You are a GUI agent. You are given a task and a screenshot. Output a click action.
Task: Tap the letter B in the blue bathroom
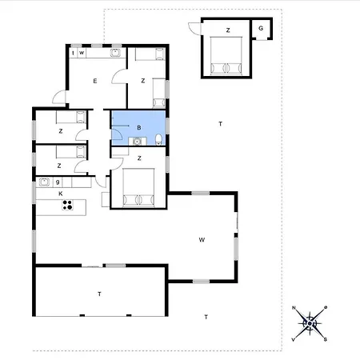(x=139, y=128)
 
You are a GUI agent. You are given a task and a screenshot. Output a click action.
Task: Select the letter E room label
(x=94, y=81)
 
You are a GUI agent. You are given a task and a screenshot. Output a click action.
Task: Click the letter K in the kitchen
(x=60, y=194)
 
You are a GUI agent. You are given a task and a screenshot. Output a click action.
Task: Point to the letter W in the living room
(x=202, y=239)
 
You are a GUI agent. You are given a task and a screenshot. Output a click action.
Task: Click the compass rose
(x=311, y=323)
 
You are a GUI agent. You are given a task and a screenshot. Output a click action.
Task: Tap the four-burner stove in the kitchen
(x=68, y=206)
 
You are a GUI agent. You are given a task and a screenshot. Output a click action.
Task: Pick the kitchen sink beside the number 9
(x=44, y=183)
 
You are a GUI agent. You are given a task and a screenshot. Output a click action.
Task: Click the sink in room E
(x=116, y=54)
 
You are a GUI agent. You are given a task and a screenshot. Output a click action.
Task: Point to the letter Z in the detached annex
(x=228, y=30)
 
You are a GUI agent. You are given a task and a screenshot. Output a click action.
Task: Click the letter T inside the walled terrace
(x=99, y=294)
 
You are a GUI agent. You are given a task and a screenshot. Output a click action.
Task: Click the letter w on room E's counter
(x=82, y=54)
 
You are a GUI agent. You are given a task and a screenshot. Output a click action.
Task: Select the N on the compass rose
(x=294, y=309)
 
